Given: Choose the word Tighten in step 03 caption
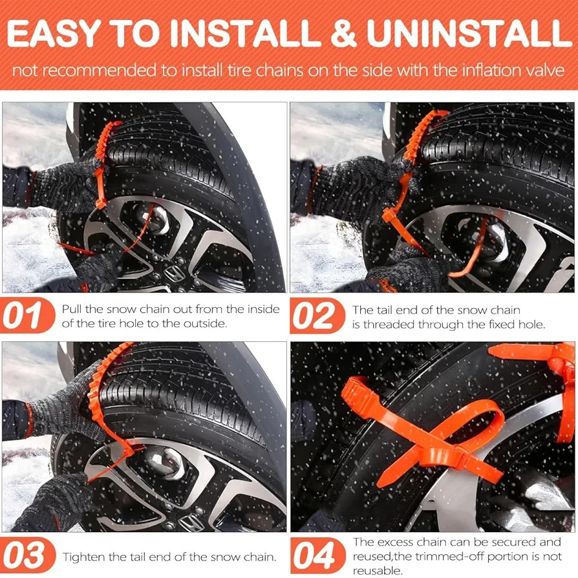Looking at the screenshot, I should (83, 557).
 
